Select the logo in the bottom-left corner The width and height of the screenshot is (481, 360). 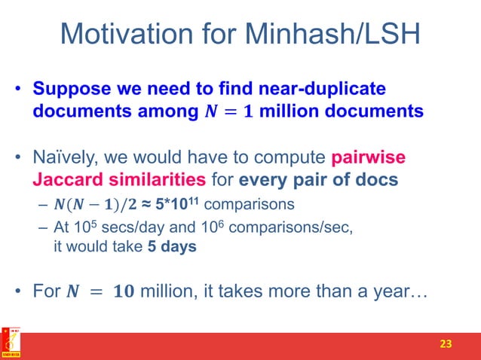[x=11, y=343]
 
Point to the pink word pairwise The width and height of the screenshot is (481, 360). [x=369, y=158]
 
